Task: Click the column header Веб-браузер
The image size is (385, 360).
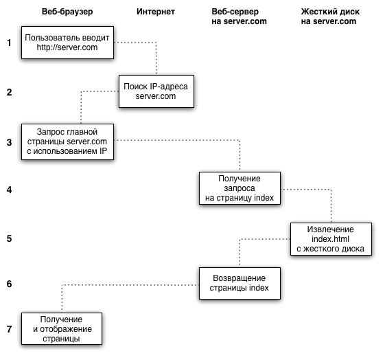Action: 67,12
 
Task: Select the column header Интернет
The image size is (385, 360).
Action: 156,12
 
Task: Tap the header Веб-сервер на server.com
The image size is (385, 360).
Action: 239,16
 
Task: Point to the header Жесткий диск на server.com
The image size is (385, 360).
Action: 330,16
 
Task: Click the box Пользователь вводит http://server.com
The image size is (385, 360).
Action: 67,43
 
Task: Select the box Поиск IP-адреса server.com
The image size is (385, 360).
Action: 156,91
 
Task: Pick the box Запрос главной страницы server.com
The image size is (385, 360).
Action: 67,142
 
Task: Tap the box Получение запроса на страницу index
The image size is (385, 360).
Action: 240,188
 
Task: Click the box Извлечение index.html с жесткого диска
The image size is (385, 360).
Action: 331,239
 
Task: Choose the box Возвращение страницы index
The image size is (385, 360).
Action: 240,283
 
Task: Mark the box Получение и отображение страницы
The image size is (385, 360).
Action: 62,329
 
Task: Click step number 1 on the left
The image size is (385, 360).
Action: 9,43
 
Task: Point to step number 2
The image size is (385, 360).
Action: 9,92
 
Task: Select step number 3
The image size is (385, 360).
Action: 9,142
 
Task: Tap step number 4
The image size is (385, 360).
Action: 9,190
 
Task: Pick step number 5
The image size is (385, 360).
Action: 9,238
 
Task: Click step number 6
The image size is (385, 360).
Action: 9,284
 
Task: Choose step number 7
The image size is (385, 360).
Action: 9,329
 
